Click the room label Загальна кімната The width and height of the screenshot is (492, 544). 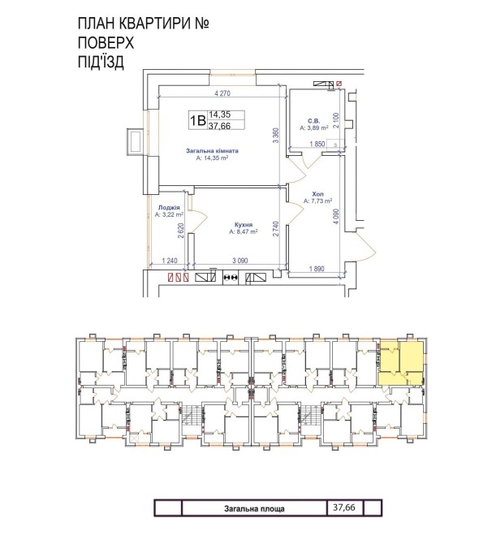[x=212, y=151]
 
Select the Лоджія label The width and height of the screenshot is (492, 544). [x=169, y=208]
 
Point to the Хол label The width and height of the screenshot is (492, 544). [x=317, y=194]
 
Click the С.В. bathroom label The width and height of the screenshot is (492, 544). [x=314, y=121]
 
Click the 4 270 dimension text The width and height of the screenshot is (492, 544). [x=222, y=93]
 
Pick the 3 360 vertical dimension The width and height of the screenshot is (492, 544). [x=276, y=136]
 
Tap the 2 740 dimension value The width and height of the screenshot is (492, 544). [x=276, y=229]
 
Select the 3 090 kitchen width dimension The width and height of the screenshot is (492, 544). [x=240, y=261]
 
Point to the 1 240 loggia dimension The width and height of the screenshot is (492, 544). [x=170, y=261]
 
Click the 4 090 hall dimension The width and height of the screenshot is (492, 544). [x=336, y=216]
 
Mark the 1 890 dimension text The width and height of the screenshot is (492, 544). [x=317, y=269]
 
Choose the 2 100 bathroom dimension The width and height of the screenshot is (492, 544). [x=336, y=120]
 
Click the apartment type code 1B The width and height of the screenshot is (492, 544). [x=198, y=120]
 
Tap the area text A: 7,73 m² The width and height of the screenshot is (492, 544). [x=317, y=201]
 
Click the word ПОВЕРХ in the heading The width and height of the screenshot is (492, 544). [x=106, y=43]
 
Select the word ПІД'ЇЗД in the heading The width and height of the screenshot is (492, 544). [x=101, y=63]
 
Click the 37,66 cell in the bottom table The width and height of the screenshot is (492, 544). [x=344, y=507]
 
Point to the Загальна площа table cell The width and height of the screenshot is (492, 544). [x=254, y=508]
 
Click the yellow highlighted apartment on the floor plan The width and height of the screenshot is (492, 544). [x=401, y=363]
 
